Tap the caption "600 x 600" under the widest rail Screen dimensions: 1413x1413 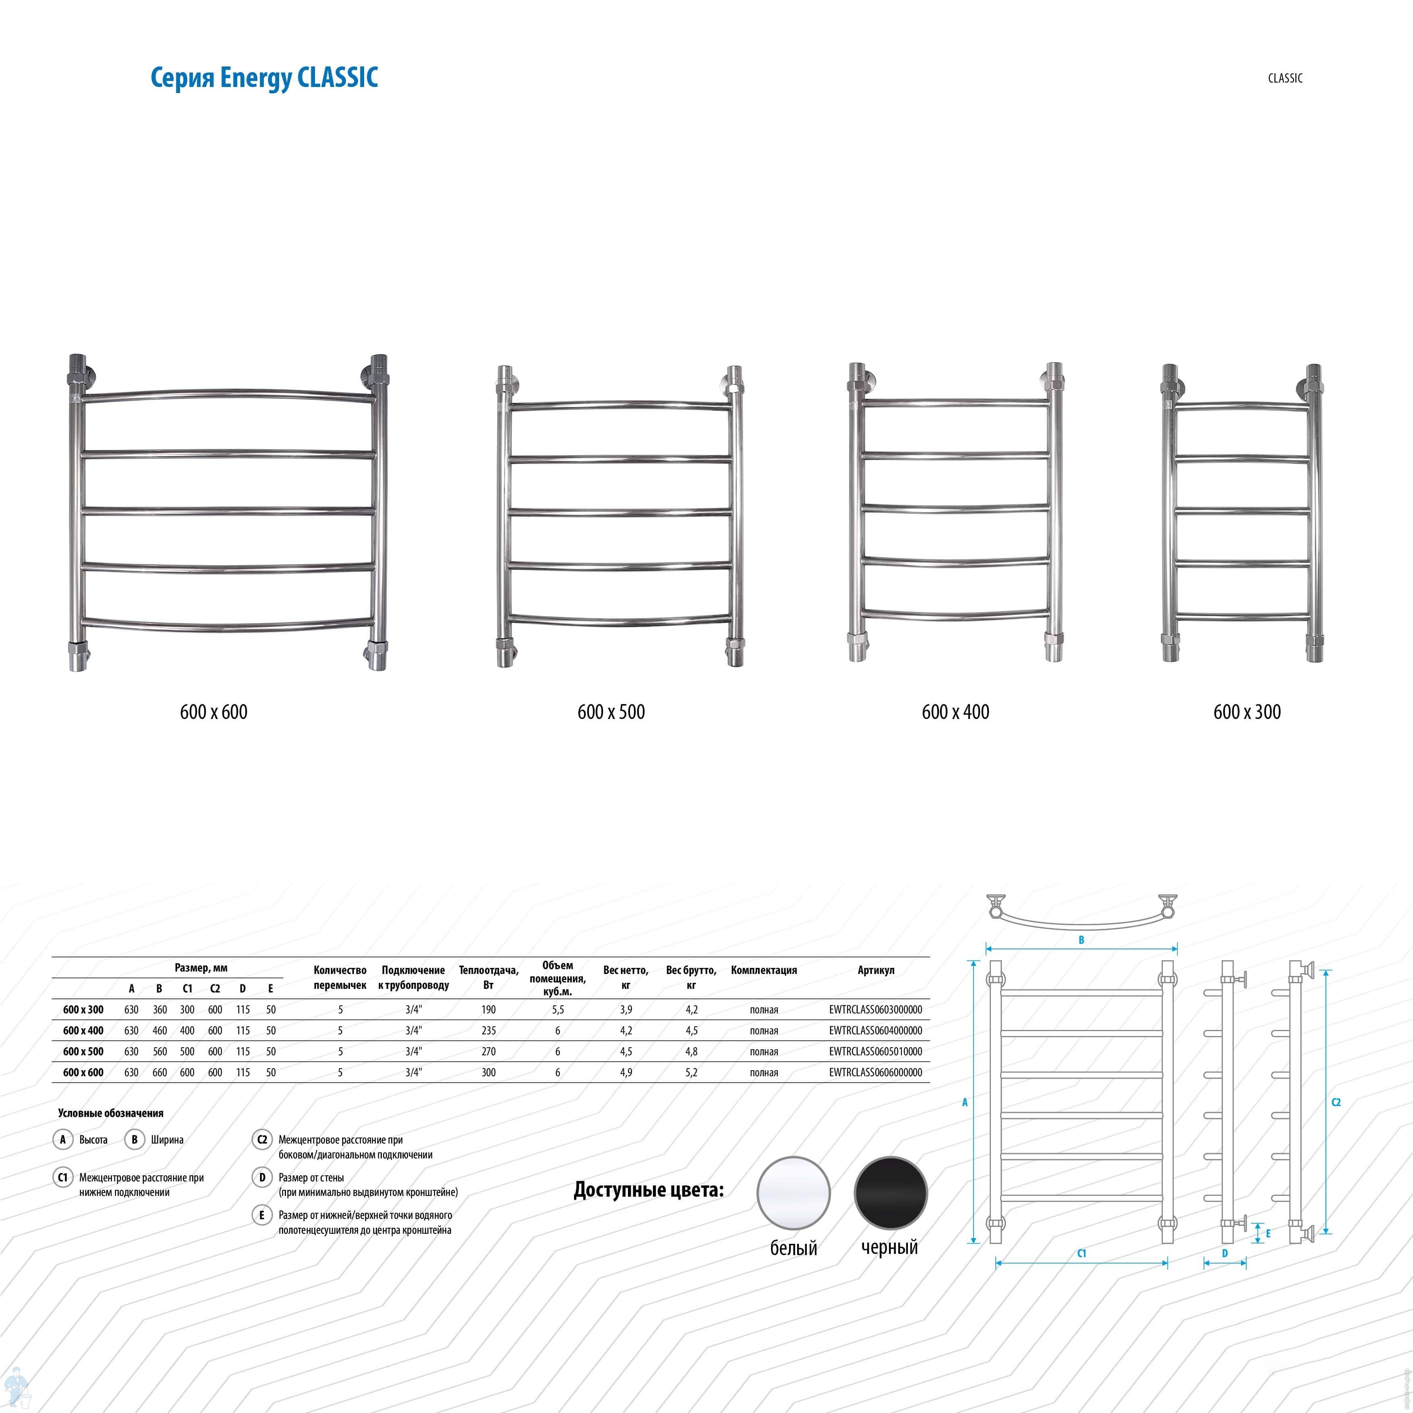(213, 712)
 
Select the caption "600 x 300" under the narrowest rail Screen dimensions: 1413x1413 (1247, 712)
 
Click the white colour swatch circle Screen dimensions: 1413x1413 (794, 1193)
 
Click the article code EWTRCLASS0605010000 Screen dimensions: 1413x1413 (875, 1051)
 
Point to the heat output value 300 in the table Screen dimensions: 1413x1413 (489, 1072)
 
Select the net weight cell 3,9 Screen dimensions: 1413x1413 (626, 1009)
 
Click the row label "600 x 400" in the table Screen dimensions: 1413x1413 (83, 1030)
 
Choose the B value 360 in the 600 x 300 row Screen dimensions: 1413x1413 (160, 1009)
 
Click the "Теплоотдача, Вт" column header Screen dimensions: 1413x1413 (489, 977)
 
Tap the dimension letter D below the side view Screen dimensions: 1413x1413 (1225, 1253)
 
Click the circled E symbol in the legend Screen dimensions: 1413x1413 (262, 1215)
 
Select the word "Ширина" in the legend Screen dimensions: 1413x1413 (168, 1140)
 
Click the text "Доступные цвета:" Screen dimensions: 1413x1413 (649, 1190)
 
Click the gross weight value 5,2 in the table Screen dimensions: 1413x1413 (691, 1072)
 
